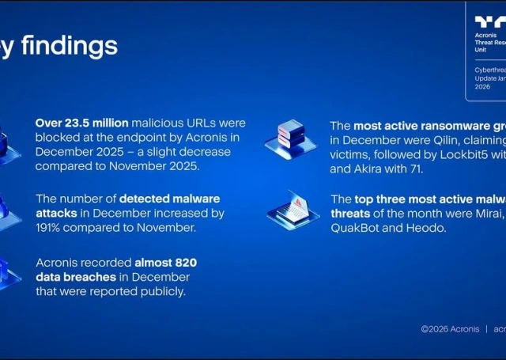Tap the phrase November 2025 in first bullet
(153, 166)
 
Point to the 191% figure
(51, 228)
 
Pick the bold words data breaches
(74, 277)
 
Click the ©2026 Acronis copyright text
(449, 329)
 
